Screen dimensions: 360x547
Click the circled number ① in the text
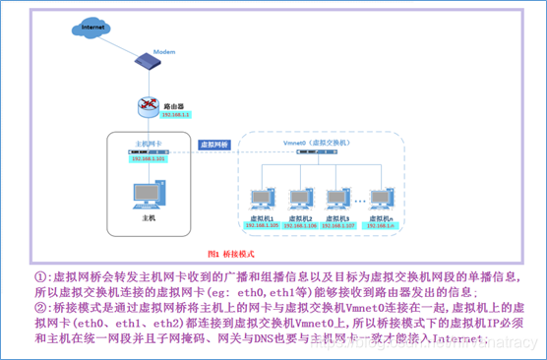[39, 277]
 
